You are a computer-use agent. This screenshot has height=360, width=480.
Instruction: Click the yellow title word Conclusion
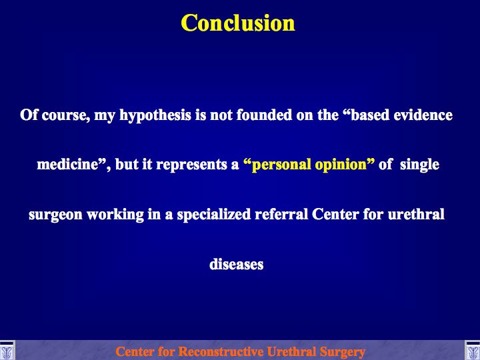pyautogui.click(x=238, y=23)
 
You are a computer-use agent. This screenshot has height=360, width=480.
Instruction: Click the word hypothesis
pyautogui.click(x=155, y=116)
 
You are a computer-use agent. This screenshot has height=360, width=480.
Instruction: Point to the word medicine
pyautogui.click(x=67, y=165)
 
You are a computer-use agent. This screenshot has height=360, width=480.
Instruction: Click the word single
pyautogui.click(x=419, y=165)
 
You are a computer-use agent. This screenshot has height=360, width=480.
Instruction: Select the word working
pyautogui.click(x=115, y=215)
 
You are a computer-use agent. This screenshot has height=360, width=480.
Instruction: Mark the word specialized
pyautogui.click(x=214, y=215)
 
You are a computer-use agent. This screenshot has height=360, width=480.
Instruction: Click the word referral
pyautogui.click(x=281, y=214)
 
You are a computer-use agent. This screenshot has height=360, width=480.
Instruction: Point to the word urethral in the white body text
pyautogui.click(x=416, y=214)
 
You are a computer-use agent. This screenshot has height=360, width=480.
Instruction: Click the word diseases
pyautogui.click(x=236, y=264)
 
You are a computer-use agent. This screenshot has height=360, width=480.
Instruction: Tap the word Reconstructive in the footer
pyautogui.click(x=221, y=352)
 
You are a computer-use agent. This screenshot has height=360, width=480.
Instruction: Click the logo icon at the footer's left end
pyautogui.click(x=7, y=351)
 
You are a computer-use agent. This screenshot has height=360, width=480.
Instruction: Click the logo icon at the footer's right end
pyautogui.click(x=473, y=351)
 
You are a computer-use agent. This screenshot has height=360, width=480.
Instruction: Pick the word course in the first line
pyautogui.click(x=65, y=116)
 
